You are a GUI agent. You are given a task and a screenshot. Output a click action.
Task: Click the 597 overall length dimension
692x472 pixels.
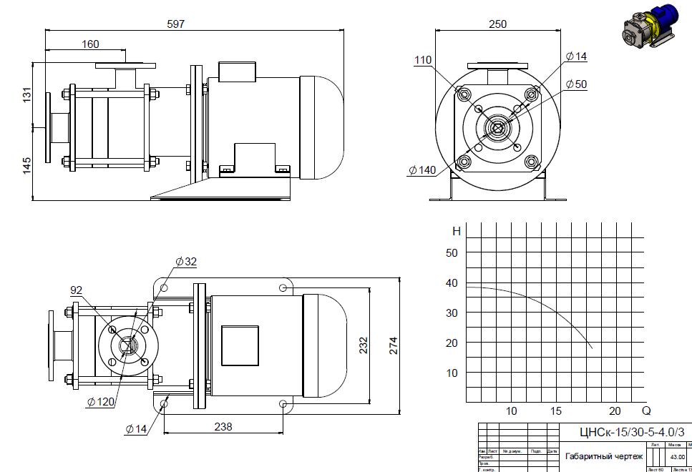(x=175, y=24)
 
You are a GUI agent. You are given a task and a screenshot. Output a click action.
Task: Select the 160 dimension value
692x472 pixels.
(x=90, y=44)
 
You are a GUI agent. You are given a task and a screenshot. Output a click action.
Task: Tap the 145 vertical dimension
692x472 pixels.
(x=27, y=166)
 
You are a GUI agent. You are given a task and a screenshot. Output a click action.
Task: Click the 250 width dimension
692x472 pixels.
(x=497, y=24)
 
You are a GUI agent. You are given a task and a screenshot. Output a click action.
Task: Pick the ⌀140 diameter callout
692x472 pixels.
(x=422, y=170)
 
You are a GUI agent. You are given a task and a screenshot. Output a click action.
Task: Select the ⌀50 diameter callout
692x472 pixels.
(x=576, y=84)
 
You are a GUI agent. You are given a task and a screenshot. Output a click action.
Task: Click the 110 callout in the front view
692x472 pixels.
(x=423, y=61)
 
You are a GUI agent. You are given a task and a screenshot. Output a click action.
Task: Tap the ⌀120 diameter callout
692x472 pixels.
(x=101, y=402)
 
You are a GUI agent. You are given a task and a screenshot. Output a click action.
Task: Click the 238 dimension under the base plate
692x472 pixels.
(x=223, y=426)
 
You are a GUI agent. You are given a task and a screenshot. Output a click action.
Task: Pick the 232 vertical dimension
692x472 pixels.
(x=364, y=346)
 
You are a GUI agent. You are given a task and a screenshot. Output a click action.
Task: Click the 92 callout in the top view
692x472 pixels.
(x=77, y=290)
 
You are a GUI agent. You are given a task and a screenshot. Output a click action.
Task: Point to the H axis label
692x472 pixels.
(x=457, y=231)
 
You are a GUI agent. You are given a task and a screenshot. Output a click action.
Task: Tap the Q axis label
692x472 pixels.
(x=646, y=411)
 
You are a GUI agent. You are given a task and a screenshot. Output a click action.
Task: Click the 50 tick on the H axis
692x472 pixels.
(x=452, y=252)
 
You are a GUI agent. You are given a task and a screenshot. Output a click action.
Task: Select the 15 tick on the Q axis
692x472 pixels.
(x=556, y=411)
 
